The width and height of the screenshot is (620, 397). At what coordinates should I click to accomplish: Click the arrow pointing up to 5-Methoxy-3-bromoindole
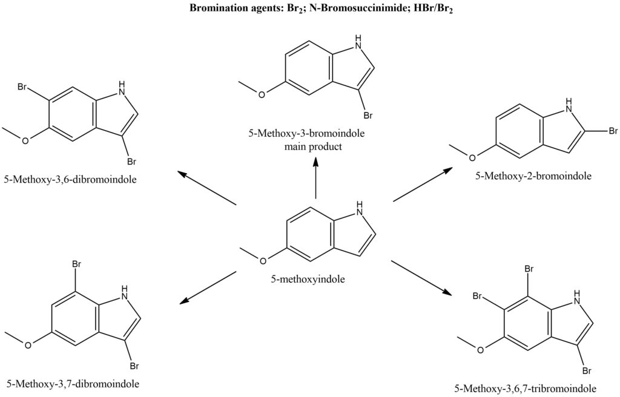[316, 179]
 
